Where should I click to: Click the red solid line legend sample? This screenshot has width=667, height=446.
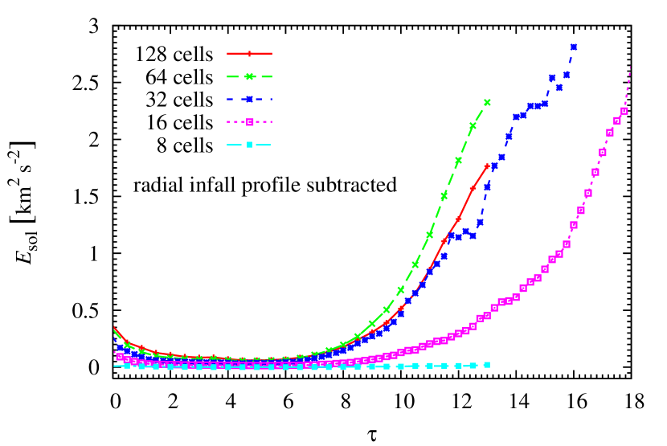click(x=249, y=54)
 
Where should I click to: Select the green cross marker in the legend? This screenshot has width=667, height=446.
click(x=249, y=77)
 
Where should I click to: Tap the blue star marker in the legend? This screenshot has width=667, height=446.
click(x=249, y=100)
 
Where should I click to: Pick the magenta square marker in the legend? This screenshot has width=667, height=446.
click(x=249, y=122)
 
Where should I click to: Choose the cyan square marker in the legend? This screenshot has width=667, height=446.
click(x=249, y=145)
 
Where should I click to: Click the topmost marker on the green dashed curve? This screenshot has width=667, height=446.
click(x=487, y=102)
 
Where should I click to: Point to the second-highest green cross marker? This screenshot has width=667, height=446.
click(x=473, y=125)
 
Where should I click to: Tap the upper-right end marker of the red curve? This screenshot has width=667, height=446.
click(x=487, y=166)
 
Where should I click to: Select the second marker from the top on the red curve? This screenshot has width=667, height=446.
click(x=473, y=189)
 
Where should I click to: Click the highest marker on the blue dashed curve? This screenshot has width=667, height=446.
click(x=573, y=47)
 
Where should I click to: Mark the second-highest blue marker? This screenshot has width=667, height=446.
click(x=566, y=75)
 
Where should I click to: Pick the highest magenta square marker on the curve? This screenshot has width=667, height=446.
click(x=624, y=111)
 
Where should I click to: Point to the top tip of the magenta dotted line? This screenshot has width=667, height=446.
click(x=631, y=67)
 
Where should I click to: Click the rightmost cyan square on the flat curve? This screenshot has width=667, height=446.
click(x=486, y=365)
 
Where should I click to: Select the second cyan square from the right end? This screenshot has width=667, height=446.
click(x=473, y=365)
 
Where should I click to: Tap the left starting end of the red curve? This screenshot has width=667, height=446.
click(x=114, y=327)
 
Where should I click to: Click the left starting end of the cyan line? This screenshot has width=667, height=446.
click(x=115, y=366)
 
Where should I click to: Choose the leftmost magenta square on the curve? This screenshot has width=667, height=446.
click(x=120, y=357)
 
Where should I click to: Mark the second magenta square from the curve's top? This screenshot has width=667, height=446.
click(x=617, y=121)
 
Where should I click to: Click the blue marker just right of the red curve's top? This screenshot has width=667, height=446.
click(x=494, y=166)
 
